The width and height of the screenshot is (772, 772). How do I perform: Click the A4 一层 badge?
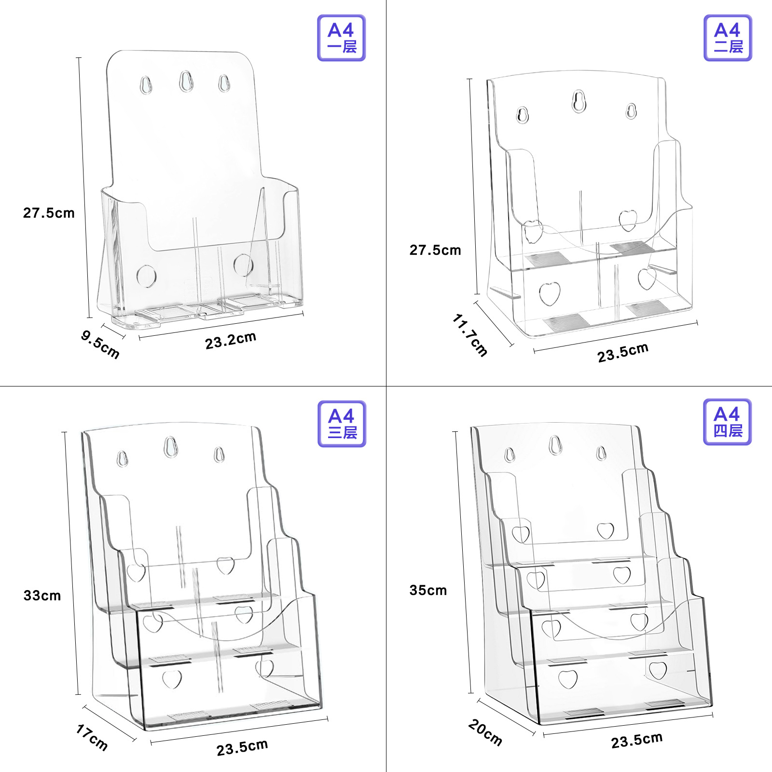click(341, 38)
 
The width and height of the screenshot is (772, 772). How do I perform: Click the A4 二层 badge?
click(728, 38)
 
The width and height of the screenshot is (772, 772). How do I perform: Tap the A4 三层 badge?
click(342, 424)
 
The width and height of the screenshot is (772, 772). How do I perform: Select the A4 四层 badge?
click(727, 422)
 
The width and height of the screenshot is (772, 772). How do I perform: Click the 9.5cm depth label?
click(100, 344)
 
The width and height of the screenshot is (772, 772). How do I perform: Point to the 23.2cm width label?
click(231, 341)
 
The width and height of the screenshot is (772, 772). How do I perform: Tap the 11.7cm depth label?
click(470, 335)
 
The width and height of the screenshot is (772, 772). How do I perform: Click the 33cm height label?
click(42, 595)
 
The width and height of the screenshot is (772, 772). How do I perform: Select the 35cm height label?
click(428, 590)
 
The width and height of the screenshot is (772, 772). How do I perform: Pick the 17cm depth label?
click(92, 737)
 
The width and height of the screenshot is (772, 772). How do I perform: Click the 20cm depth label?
click(485, 732)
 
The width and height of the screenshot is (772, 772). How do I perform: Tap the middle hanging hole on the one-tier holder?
click(186, 81)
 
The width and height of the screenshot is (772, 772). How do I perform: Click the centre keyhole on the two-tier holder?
click(579, 101)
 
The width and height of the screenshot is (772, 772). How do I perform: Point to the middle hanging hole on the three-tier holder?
click(170, 447)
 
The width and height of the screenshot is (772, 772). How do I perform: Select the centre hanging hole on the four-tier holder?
click(555, 444)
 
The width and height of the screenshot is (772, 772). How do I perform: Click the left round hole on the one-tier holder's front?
click(146, 276)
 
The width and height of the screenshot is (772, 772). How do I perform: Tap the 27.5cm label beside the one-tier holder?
click(49, 213)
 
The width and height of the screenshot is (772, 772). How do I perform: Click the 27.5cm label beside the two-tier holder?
click(435, 250)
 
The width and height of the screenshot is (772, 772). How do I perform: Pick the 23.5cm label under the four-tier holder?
click(637, 740)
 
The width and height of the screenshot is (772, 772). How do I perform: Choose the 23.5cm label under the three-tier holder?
click(242, 747)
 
